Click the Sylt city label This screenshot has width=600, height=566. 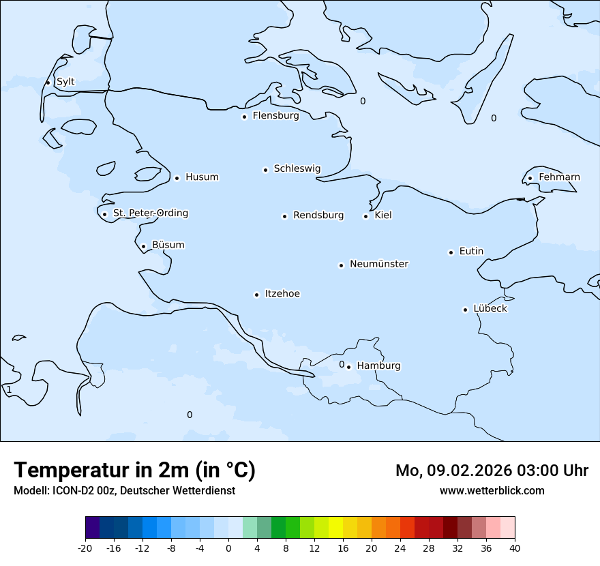click(65, 82)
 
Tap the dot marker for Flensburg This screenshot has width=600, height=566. click(244, 117)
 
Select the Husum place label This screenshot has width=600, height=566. click(202, 177)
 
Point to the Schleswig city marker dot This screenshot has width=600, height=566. click(265, 170)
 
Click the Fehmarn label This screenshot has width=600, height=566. click(559, 177)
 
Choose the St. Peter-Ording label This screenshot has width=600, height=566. click(150, 213)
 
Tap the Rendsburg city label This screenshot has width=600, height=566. click(318, 215)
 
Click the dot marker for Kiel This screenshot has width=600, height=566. click(365, 216)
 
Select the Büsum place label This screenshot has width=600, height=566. click(168, 245)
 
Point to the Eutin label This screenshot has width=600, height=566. click(471, 252)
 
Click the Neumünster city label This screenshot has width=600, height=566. click(379, 264)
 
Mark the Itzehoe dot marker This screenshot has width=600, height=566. click(256, 295)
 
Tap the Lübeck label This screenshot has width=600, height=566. click(490, 308)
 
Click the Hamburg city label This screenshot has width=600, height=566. click(378, 366)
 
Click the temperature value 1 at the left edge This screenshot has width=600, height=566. click(9, 390)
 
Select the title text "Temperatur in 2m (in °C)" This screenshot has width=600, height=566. click(134, 470)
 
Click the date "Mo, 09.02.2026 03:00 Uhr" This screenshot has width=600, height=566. click(492, 471)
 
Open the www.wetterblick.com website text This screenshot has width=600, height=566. click(492, 490)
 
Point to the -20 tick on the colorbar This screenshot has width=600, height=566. click(85, 548)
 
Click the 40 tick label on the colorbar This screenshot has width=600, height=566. click(514, 548)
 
